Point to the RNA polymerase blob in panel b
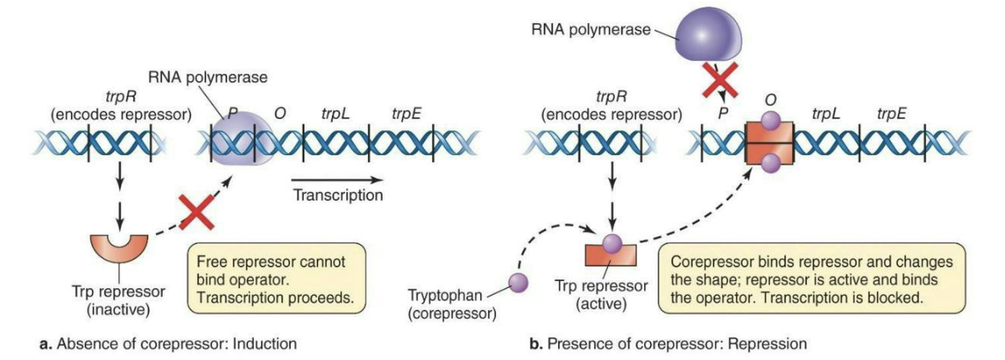[711, 34]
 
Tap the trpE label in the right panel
[894, 112]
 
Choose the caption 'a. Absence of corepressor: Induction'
[154, 344]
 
